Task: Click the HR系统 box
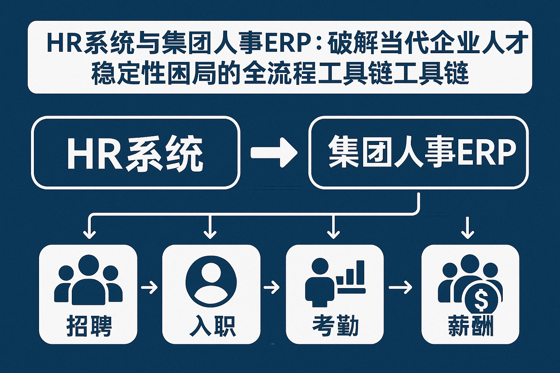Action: (x=136, y=152)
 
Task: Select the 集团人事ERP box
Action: (x=418, y=152)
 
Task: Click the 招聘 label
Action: (x=89, y=326)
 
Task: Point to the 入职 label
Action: (x=212, y=326)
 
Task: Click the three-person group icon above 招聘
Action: (x=88, y=280)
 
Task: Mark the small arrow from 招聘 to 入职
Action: (x=149, y=288)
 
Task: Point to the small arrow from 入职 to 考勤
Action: (x=272, y=288)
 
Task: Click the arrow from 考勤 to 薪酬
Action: (x=400, y=288)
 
